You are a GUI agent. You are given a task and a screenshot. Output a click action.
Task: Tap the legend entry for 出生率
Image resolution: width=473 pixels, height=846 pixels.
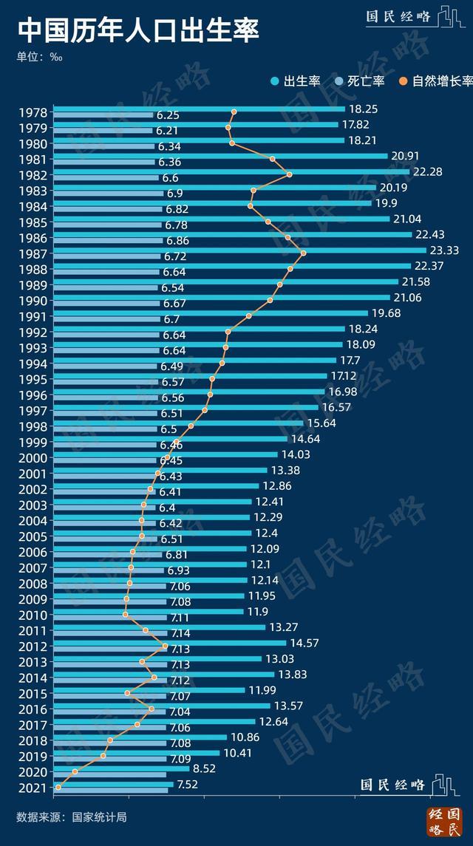[296, 81]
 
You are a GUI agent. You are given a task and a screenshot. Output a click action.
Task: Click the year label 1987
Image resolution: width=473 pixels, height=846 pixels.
[34, 253]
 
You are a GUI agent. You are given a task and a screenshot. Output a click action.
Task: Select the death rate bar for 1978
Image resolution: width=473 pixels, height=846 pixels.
[103, 115]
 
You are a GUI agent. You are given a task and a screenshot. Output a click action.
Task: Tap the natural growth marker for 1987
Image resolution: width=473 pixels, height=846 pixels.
[303, 253]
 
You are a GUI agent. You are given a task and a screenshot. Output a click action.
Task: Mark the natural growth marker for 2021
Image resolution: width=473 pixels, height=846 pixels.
[58, 788]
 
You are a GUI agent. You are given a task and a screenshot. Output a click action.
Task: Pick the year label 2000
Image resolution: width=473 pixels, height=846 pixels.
[34, 458]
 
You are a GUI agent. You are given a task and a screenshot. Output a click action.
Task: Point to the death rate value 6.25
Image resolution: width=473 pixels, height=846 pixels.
[168, 115]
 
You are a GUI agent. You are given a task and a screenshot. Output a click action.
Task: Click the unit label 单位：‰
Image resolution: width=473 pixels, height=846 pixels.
[39, 56]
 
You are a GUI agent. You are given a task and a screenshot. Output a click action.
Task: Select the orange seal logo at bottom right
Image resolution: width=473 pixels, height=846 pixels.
[443, 822]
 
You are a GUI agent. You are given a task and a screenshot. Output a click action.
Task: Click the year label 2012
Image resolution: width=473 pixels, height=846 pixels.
[34, 647]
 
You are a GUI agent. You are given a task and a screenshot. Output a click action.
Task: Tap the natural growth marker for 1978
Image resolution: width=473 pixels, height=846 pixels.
[234, 112]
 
